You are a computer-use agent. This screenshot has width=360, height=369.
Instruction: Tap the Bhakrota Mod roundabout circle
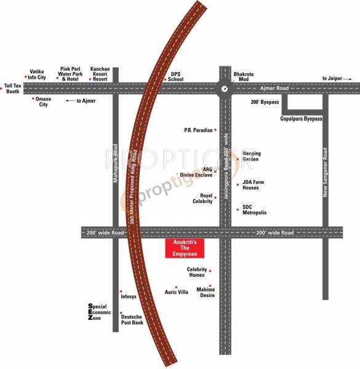(x=225, y=89)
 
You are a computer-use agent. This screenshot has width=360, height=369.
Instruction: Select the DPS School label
(x=176, y=76)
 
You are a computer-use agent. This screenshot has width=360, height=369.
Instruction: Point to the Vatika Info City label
(x=34, y=74)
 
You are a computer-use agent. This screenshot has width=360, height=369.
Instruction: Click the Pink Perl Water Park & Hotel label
(x=73, y=74)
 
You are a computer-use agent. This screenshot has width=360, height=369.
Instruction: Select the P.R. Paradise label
(x=198, y=130)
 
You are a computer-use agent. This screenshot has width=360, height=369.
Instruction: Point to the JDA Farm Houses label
(x=254, y=184)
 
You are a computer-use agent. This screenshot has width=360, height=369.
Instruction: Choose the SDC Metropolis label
(x=254, y=210)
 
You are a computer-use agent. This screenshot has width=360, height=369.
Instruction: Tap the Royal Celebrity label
(x=202, y=198)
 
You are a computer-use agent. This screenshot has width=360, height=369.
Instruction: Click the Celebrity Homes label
(x=196, y=272)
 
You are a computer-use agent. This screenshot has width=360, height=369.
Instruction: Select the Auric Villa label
(x=177, y=292)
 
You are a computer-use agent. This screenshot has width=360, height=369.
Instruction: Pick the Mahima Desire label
(x=206, y=292)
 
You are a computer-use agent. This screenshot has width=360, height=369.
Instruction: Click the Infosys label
(x=129, y=296)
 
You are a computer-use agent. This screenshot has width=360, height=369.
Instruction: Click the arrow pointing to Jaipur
(x=348, y=78)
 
